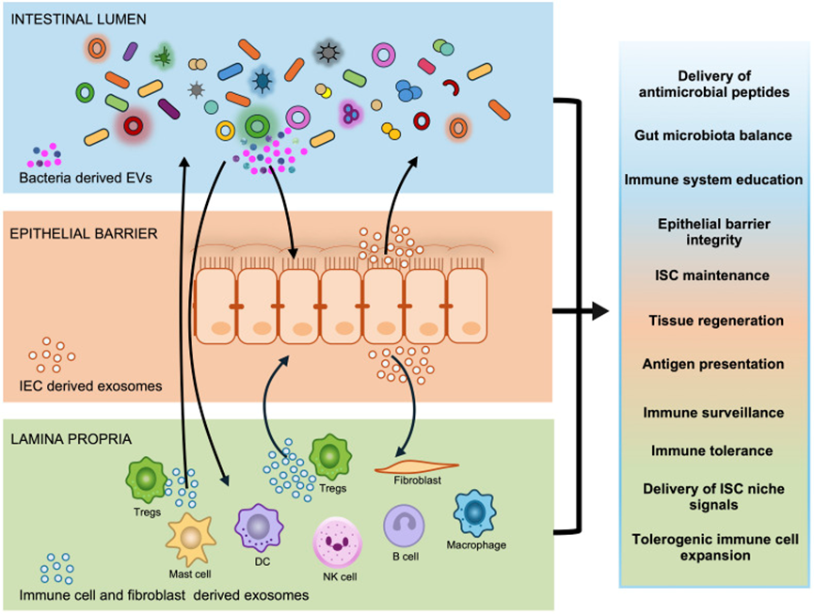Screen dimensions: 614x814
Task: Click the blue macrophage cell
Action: [475, 512]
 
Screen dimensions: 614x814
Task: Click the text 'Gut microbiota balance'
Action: [712, 134]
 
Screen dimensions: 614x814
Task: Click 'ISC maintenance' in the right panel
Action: [712, 276]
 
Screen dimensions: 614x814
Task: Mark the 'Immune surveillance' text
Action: [712, 412]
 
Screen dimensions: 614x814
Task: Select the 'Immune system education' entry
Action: [712, 179]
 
